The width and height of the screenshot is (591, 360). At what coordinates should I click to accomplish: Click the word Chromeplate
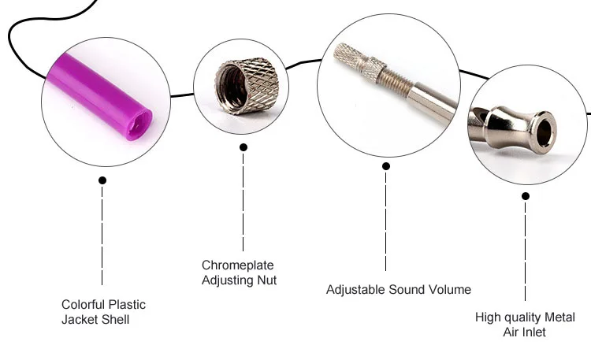point(237,265)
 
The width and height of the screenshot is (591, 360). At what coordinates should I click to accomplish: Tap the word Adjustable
point(355,290)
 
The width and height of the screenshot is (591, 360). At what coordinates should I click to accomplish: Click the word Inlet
point(533,332)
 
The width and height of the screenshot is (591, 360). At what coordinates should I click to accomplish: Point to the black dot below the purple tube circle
point(102,180)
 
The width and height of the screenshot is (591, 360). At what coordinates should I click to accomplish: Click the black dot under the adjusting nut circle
point(243,147)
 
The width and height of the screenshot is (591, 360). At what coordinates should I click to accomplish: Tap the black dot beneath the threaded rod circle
point(385,166)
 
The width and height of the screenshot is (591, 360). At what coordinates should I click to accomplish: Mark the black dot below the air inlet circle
point(526,195)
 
